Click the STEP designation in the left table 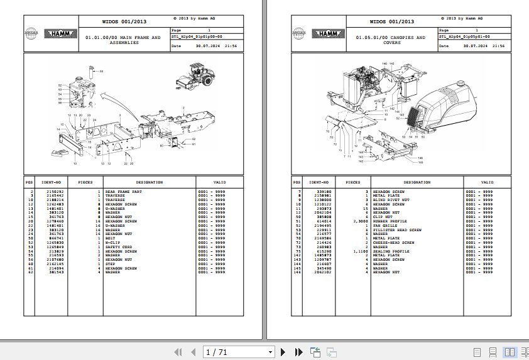pos(111,264)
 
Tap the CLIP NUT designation pos(383,217)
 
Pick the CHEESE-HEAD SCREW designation pos(393,243)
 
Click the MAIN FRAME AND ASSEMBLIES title pos(123,40)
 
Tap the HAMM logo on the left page pos(60,34)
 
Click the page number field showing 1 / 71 pos(239,352)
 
